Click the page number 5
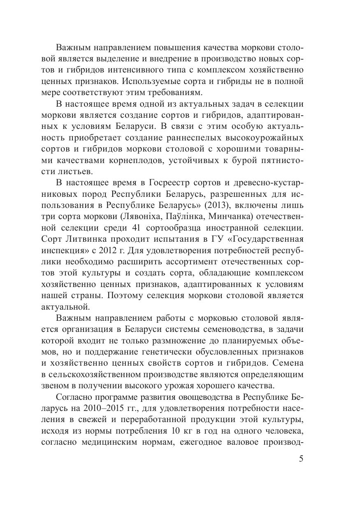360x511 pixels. click(x=301, y=459)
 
